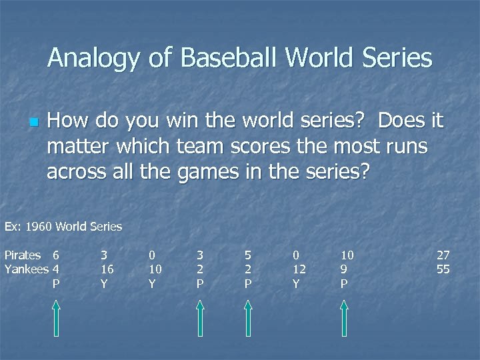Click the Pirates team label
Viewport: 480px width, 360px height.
23,255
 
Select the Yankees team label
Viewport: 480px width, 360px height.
25,269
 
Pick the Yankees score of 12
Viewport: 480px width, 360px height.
299,269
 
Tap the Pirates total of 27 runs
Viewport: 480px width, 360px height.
443,255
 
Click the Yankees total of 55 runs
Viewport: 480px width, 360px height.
443,269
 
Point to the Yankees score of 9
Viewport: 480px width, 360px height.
343,269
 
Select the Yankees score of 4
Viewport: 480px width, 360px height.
56,269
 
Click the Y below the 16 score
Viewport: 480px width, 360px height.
103,283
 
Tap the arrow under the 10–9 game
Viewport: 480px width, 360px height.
344,317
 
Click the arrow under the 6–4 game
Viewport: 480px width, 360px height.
56,317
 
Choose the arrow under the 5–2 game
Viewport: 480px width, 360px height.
248,317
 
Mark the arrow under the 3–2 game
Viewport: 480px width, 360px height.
199,317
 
